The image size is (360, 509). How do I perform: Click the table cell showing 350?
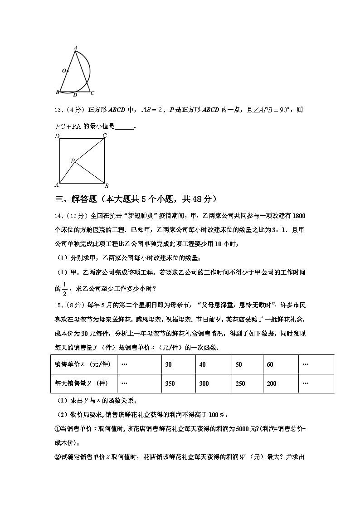click(170, 383)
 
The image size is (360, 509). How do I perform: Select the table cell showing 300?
click(204, 383)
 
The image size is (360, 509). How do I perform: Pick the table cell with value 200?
click(272, 383)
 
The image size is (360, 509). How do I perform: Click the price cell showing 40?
click(202, 364)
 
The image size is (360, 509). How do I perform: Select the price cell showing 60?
click(270, 364)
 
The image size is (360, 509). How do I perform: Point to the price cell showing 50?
click(238, 364)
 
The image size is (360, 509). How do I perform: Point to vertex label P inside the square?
click(72, 161)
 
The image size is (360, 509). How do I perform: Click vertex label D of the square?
click(57, 136)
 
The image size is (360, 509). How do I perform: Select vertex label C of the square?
click(105, 136)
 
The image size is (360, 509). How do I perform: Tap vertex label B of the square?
click(106, 186)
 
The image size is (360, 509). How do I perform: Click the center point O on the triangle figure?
click(64, 71)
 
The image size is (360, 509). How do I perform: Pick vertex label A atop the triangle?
click(75, 48)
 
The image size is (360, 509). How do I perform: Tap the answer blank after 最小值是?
click(125, 127)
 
